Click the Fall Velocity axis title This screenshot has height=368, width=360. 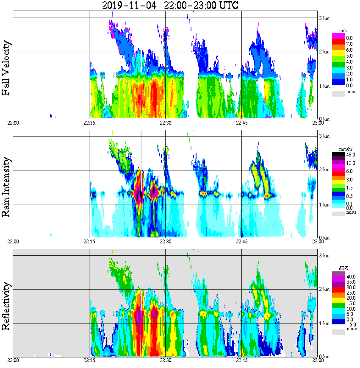7,68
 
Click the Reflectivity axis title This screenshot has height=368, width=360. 7,304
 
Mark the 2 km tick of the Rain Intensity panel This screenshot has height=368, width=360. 324,170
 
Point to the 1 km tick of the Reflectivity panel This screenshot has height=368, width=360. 324,323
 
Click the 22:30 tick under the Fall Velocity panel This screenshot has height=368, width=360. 165,123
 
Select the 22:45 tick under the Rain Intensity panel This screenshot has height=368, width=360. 241,242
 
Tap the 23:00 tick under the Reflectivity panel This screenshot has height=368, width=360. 318,360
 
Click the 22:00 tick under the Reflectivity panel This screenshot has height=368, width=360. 13,360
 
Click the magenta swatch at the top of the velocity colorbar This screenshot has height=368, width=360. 338,36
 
